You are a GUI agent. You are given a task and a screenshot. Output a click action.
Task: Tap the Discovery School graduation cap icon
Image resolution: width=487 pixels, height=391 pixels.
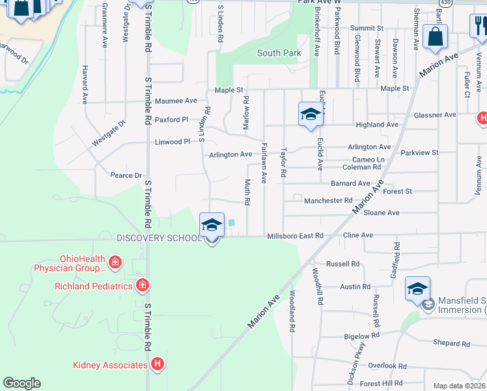[212, 225]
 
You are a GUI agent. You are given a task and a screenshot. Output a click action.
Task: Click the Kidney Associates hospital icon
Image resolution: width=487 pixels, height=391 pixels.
[156, 365]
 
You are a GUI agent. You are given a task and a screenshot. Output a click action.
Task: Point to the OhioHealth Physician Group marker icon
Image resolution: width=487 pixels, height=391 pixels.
[115, 263]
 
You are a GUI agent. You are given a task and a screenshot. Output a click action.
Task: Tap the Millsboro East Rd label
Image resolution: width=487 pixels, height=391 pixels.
[295, 236]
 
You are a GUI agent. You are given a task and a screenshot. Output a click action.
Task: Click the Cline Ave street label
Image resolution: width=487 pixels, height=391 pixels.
[358, 236]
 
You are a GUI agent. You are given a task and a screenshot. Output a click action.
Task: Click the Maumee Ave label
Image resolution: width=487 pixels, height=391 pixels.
[176, 101]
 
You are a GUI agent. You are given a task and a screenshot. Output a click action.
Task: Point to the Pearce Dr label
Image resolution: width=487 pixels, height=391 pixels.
[126, 175]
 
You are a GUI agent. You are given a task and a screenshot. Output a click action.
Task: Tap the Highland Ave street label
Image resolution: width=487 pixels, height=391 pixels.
[377, 124]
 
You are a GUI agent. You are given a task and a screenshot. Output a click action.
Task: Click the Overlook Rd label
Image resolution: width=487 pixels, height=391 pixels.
[386, 366]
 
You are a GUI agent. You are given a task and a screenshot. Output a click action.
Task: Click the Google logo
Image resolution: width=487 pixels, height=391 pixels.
[21, 383]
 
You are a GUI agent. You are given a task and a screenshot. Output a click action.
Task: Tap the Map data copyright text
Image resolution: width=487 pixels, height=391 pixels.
[459, 386]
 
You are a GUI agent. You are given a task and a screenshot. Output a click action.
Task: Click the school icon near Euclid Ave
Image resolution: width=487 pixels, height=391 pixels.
[311, 115]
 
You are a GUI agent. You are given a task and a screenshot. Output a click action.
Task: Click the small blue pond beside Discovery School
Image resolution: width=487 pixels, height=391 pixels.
[231, 223]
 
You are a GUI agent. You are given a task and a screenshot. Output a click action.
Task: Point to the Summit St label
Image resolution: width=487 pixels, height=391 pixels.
[367, 29]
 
